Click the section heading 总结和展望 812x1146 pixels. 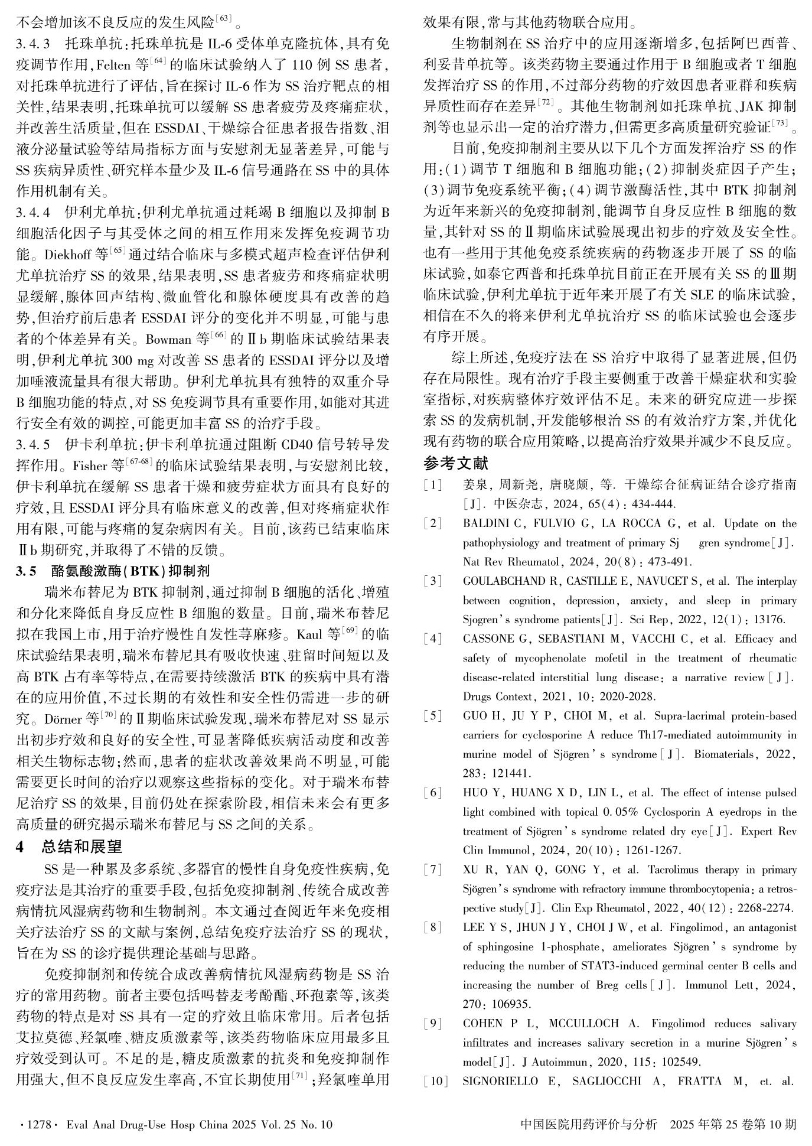coord(81,847)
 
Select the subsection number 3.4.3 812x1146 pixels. coord(34,44)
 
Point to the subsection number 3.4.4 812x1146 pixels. coord(34,212)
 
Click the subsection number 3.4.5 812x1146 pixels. coord(34,444)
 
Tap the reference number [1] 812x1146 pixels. coord(433,485)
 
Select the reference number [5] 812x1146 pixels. coord(433,716)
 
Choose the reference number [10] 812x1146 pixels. coord(435,1082)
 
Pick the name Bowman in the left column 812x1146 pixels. coord(169,340)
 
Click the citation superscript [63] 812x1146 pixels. coord(224,20)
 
